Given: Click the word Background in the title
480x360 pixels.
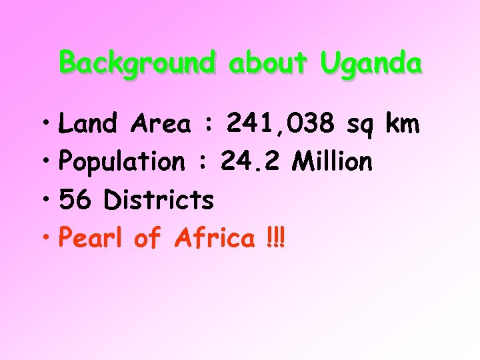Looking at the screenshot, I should coord(137,64).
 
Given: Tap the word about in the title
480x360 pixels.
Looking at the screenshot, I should coord(267,64).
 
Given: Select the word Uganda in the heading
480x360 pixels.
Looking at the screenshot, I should coord(371,64).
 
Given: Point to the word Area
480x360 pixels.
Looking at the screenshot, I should coord(161,123).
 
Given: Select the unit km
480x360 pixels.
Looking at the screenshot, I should coord(402,123).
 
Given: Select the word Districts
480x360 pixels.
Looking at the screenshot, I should coord(159,199).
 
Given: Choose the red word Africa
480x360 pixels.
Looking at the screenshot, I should coord(213,237).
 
